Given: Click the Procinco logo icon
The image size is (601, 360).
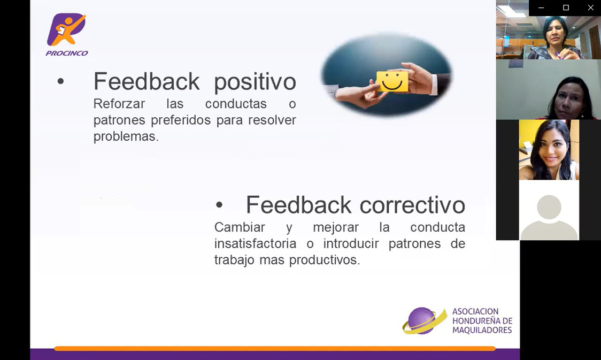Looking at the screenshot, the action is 66,29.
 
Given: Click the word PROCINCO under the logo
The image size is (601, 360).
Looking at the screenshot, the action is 67,53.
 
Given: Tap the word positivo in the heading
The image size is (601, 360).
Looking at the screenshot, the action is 255,82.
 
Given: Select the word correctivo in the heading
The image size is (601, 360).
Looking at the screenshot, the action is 412,205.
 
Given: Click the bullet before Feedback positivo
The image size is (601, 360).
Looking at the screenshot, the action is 60,81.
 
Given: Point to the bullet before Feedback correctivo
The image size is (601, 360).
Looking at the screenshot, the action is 219,205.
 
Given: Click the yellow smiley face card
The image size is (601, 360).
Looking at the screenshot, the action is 392,81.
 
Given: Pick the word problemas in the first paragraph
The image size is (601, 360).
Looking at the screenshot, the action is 126,136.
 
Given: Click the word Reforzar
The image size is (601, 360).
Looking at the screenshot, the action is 119,104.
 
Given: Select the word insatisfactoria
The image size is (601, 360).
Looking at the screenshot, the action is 255,243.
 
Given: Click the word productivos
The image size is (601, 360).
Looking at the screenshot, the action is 324,260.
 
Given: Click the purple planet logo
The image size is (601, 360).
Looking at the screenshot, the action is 424,320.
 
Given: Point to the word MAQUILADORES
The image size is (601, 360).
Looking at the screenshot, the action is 482,330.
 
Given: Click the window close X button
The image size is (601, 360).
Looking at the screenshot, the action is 591,7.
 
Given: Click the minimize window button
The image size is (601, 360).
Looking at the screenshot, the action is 541,7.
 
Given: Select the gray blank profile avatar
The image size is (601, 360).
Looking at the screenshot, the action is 549,217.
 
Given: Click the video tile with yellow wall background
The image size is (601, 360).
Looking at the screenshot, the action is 549,150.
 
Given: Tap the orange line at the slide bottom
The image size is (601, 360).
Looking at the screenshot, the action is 275,348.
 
